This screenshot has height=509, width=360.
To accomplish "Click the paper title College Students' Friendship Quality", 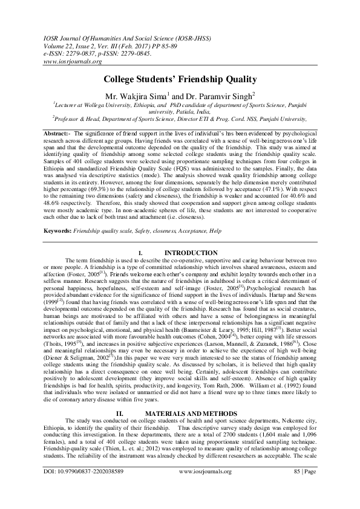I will tap(180, 79).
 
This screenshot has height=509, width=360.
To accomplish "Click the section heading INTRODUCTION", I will tap(191, 252).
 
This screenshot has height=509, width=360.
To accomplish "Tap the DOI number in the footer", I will tap(84, 487).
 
